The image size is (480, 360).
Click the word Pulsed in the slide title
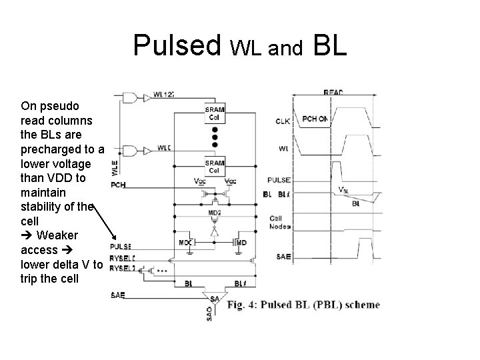pyautogui.click(x=177, y=45)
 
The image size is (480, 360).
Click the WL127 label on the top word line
pyautogui.click(x=163, y=95)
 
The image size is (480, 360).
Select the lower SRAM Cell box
pyautogui.click(x=215, y=167)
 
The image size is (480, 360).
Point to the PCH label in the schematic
pyautogui.click(x=118, y=184)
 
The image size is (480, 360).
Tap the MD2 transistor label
pyautogui.click(x=214, y=213)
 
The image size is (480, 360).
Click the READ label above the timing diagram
pyautogui.click(x=333, y=92)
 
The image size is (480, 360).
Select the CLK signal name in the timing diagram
pyautogui.click(x=283, y=121)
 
